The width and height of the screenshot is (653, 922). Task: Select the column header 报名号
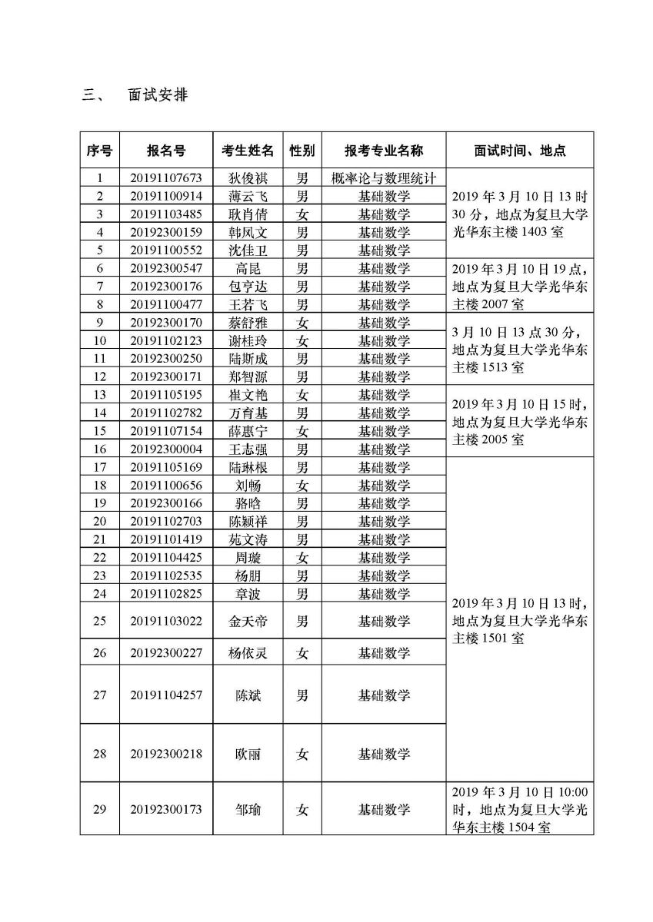pos(166,151)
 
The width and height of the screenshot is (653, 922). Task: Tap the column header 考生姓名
pos(248,151)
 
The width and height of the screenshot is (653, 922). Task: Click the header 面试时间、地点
pos(520,151)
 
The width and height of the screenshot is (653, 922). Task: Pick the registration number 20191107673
pos(166,177)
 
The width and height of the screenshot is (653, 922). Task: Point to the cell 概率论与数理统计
pos(384,177)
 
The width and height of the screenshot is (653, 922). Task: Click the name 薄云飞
pos(248,196)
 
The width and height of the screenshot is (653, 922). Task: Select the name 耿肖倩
pos(248,214)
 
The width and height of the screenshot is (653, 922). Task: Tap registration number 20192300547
pos(166,268)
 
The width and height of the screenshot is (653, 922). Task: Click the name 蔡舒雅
pos(248,323)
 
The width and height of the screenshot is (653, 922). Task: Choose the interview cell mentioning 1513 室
pos(520,350)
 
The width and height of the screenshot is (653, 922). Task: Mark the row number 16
pos(98,449)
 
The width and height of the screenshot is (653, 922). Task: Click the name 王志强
pos(248,449)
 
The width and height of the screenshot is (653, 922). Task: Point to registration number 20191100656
pos(166,485)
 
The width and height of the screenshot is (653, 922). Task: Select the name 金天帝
pos(248,621)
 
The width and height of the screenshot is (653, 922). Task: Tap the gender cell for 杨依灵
pos(302,653)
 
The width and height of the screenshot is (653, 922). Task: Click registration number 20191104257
pos(166,695)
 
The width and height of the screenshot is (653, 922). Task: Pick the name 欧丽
pos(248,754)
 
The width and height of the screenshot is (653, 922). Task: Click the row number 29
pos(98,809)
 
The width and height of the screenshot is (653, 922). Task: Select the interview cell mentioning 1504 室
pos(520,809)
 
